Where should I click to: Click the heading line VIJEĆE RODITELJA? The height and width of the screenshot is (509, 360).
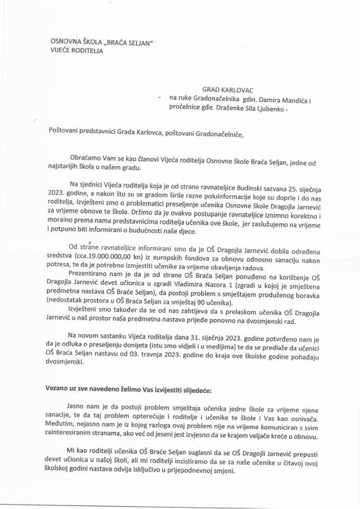[77, 50]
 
